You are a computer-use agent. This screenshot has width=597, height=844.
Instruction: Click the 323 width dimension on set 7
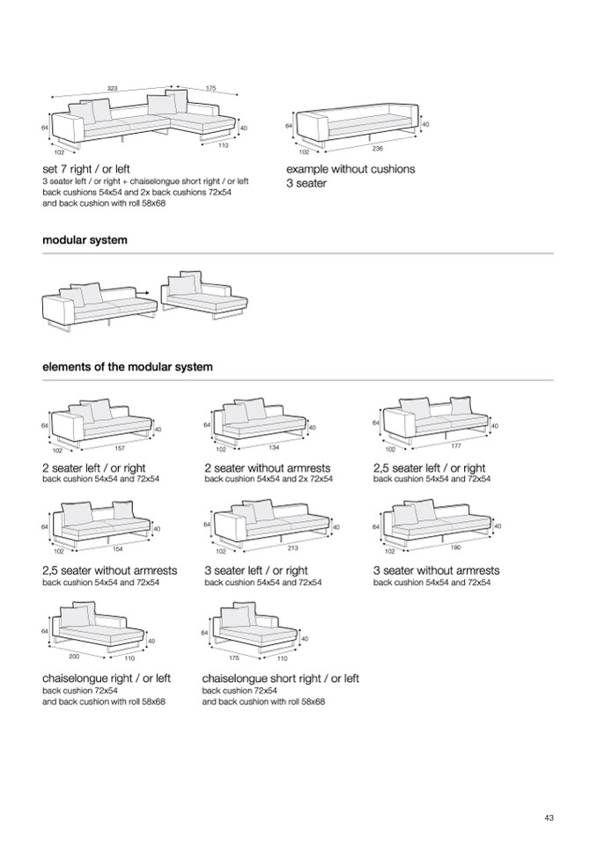click(x=113, y=88)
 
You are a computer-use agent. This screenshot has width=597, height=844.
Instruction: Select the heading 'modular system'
click(x=85, y=240)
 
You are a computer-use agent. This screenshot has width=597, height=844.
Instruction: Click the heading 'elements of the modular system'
click(x=128, y=367)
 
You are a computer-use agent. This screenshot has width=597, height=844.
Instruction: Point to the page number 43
click(x=549, y=818)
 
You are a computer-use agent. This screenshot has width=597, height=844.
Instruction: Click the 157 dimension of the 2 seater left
click(x=120, y=449)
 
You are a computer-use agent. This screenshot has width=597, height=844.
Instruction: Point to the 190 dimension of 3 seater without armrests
click(x=454, y=548)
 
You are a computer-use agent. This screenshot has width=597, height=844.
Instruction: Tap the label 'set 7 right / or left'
click(x=86, y=169)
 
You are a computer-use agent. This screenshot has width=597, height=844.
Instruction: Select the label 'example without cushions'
click(x=350, y=169)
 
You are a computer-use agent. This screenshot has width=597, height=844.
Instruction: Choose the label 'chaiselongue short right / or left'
click(x=281, y=679)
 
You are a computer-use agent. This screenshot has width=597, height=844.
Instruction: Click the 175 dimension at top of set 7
click(x=210, y=88)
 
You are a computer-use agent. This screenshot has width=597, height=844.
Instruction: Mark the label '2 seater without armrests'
click(x=268, y=468)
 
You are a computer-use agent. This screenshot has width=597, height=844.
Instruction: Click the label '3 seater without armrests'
click(x=436, y=570)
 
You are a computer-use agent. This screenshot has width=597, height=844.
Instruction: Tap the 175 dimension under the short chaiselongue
click(x=233, y=657)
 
